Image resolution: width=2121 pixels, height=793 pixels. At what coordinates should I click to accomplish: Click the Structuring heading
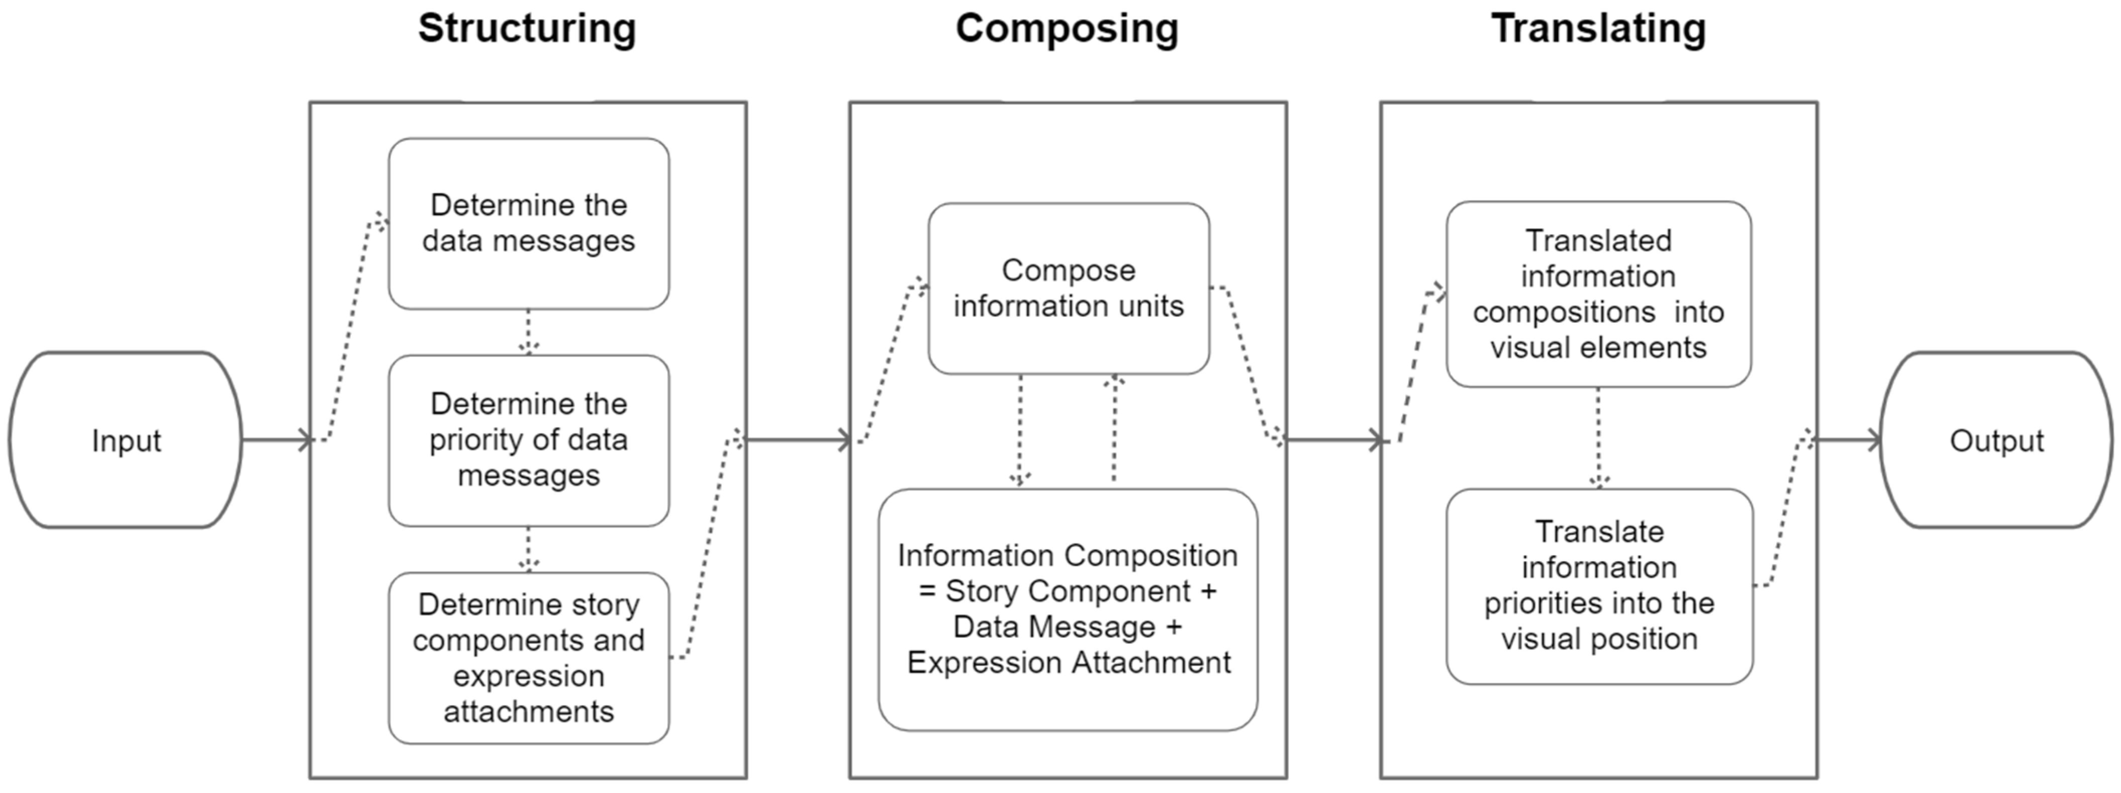(x=527, y=29)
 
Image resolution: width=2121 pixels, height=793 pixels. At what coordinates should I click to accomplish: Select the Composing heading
(x=1067, y=29)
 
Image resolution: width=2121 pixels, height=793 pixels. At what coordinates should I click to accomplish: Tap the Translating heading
(x=1598, y=29)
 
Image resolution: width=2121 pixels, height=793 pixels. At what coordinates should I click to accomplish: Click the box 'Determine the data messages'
(x=529, y=223)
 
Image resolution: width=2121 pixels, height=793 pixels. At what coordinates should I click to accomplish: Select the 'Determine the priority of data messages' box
(x=529, y=440)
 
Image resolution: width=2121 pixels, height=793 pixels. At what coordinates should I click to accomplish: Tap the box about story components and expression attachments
(x=529, y=658)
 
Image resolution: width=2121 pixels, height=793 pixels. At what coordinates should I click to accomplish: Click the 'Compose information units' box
(x=1068, y=288)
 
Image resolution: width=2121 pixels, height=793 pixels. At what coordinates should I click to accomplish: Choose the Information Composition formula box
(x=1068, y=609)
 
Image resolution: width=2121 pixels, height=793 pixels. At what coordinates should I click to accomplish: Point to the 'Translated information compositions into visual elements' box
(x=1598, y=294)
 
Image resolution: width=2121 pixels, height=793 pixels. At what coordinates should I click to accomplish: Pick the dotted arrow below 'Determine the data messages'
(x=529, y=332)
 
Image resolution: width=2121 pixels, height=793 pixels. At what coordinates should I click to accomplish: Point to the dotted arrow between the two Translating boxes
(x=1598, y=437)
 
